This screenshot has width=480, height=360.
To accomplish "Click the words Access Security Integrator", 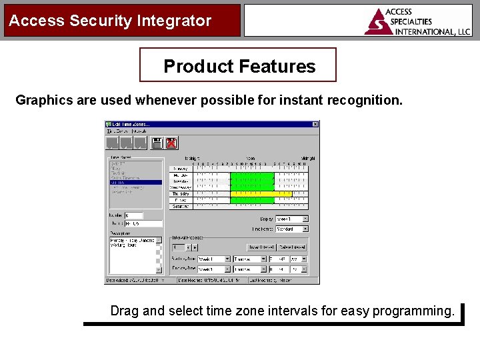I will click(110, 21).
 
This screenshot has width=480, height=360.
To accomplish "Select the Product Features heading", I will click(239, 66).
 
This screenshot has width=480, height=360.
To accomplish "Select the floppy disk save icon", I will click(157, 143).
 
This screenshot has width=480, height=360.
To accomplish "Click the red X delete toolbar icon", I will click(171, 143).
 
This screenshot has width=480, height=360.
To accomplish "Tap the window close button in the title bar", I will click(315, 124).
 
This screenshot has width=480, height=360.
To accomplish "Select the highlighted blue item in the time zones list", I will click(135, 182).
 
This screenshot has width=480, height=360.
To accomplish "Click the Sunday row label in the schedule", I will click(181, 169).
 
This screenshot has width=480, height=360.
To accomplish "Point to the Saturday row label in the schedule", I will click(181, 207).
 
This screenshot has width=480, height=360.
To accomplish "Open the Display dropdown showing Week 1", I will click(305, 219).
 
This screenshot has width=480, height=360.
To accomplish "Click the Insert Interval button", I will click(261, 247).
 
